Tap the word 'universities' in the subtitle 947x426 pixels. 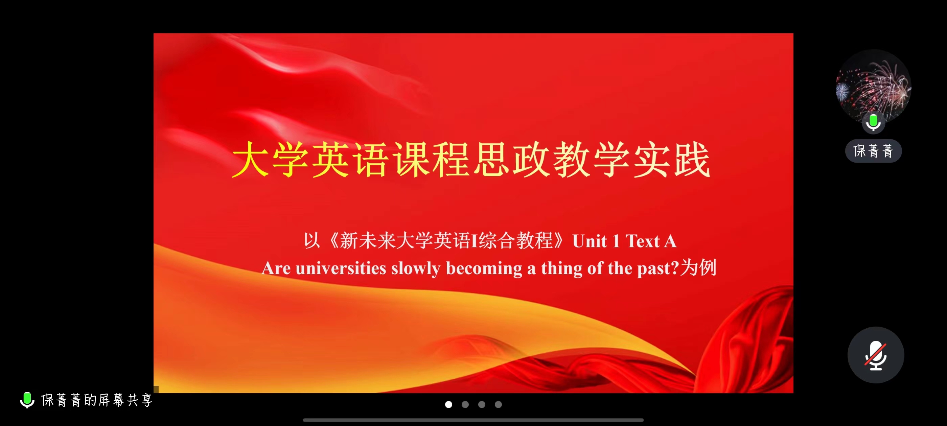tap(341, 268)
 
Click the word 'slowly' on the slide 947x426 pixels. tap(416, 269)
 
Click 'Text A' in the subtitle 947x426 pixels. tap(651, 241)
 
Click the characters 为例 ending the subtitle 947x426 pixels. tap(698, 267)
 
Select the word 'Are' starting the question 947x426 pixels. tap(276, 268)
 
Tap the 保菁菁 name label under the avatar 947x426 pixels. tap(874, 151)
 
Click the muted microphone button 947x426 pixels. tap(876, 355)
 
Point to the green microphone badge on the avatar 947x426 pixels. tap(874, 122)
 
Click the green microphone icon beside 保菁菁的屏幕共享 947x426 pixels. tap(27, 400)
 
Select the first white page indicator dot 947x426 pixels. tap(448, 404)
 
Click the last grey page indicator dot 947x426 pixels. tap(498, 404)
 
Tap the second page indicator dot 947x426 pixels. tap(465, 404)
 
